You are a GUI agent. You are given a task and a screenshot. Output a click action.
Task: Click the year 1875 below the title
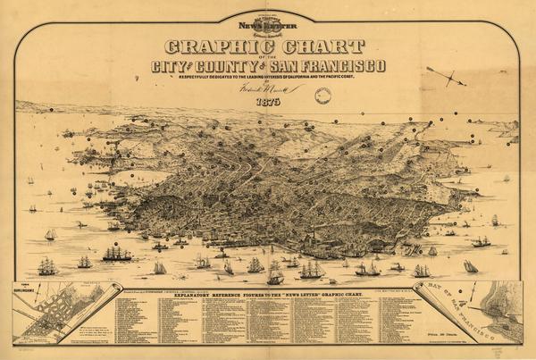pyautogui.click(x=267, y=101)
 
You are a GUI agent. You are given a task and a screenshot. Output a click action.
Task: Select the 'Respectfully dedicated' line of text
pyautogui.click(x=268, y=79)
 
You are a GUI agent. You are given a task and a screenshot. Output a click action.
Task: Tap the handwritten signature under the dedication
pyautogui.click(x=267, y=90)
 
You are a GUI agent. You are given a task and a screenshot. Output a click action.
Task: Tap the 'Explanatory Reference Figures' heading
pyautogui.click(x=267, y=293)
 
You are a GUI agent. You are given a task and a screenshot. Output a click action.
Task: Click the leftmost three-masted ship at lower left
pyautogui.click(x=46, y=266)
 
